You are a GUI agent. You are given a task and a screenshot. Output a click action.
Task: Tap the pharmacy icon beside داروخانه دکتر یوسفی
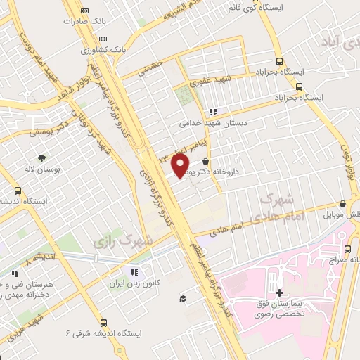point(205,162)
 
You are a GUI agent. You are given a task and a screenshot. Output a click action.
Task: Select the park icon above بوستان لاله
point(41,158)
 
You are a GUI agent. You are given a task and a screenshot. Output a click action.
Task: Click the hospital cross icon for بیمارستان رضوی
point(278,292)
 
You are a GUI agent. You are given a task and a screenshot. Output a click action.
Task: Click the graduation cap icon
point(183,299)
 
